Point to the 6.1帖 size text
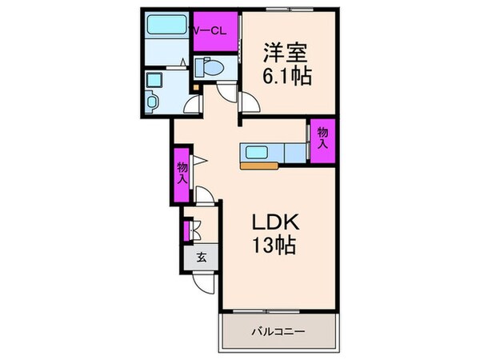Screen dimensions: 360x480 284,77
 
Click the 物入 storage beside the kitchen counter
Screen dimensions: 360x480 322,139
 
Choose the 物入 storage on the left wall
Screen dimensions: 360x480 182,173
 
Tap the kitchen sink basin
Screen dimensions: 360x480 261,152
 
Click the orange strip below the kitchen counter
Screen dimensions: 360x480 261,166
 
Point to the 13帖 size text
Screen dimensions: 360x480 273,245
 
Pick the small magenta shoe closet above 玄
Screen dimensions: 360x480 186,230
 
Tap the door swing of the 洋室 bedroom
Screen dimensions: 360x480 250,104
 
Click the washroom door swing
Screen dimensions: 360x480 192,102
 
